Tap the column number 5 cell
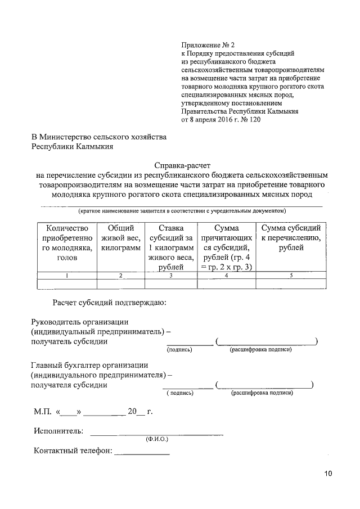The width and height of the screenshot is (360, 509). (x=291, y=276)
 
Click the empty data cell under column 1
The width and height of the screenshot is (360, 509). (x=66, y=284)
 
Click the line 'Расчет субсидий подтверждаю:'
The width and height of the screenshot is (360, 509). (x=110, y=304)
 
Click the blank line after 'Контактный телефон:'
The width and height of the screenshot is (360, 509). (x=142, y=453)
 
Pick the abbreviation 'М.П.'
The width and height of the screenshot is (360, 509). (x=43, y=412)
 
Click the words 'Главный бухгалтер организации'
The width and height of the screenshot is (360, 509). (x=89, y=364)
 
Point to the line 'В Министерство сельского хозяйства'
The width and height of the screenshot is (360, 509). (x=98, y=137)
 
